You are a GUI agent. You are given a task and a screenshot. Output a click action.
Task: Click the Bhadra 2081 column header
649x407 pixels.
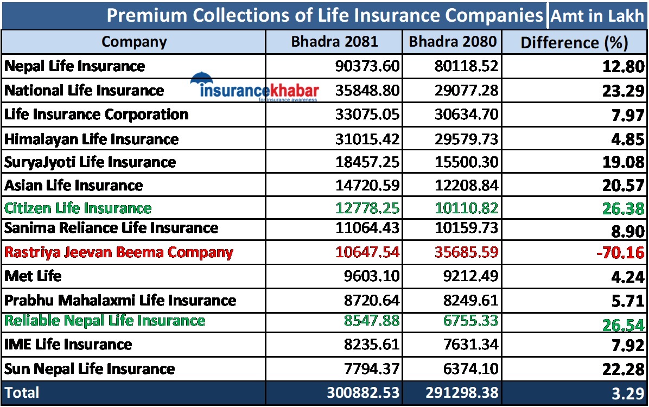click(334, 42)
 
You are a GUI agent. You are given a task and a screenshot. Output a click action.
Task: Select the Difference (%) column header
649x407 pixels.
click(574, 42)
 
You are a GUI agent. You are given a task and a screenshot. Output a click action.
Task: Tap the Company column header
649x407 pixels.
click(134, 42)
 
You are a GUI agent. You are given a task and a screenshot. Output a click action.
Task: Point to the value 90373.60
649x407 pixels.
click(367, 66)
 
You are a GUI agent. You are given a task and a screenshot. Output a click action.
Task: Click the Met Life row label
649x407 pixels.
click(33, 276)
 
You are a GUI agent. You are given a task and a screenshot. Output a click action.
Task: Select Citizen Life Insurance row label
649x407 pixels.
click(78, 208)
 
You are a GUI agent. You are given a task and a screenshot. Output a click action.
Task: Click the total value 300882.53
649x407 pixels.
click(362, 392)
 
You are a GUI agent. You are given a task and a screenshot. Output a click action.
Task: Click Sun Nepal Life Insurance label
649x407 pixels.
click(90, 369)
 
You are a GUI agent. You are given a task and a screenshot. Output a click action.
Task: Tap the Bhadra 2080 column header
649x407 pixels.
click(453, 42)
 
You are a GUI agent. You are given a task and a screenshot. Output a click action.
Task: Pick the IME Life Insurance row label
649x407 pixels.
click(68, 344)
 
